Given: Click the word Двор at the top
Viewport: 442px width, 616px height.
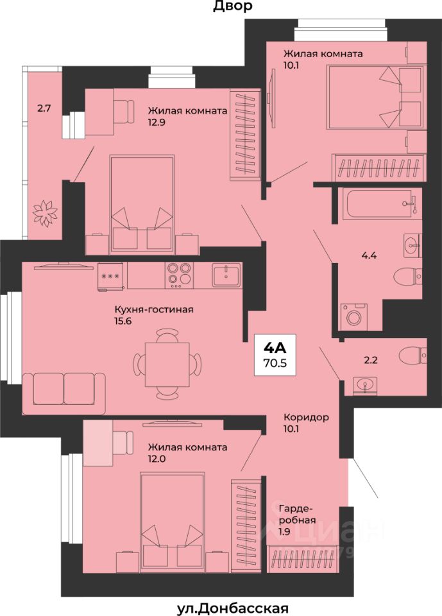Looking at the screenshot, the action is [x=233, y=6].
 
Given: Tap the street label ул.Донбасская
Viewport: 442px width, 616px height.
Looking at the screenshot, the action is [x=233, y=608].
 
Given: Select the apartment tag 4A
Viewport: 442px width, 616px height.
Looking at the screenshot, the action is [x=275, y=347].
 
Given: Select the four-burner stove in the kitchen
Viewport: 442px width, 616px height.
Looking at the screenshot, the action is [x=180, y=275].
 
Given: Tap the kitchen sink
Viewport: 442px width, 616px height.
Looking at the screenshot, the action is [x=226, y=275].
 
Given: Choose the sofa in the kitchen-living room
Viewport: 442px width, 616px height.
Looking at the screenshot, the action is [x=64, y=393].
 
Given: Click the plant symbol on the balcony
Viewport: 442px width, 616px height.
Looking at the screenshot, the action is [x=45, y=212].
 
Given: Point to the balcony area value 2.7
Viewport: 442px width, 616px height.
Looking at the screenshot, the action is [x=44, y=108].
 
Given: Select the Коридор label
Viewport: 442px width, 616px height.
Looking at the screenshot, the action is [x=306, y=417].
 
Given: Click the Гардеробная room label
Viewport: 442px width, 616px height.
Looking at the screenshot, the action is [x=298, y=515].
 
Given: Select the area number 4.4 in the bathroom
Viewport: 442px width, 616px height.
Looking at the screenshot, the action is [x=370, y=256].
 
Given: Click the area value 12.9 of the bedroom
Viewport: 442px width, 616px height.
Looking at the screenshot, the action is [x=157, y=122].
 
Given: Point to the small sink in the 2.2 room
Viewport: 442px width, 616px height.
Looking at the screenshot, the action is [x=364, y=385].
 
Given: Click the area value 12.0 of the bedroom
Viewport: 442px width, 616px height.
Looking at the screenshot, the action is [x=157, y=458].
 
